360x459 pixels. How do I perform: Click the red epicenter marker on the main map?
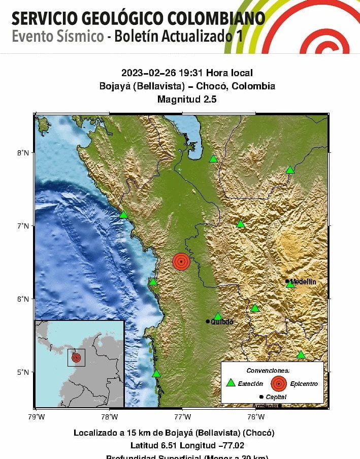(x=181, y=261)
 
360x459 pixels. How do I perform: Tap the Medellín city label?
(x=303, y=281)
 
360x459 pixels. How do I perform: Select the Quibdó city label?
(x=222, y=322)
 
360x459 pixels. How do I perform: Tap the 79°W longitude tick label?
(x=35, y=417)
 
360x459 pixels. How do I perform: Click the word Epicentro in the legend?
(x=304, y=384)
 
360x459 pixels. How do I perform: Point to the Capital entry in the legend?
(x=276, y=397)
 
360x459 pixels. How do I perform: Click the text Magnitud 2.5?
(x=187, y=100)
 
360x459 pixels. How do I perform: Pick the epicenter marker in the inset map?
(x=76, y=357)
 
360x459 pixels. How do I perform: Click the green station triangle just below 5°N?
(x=156, y=374)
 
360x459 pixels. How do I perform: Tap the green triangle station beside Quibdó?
(x=218, y=316)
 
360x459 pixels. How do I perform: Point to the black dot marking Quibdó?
(x=208, y=321)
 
